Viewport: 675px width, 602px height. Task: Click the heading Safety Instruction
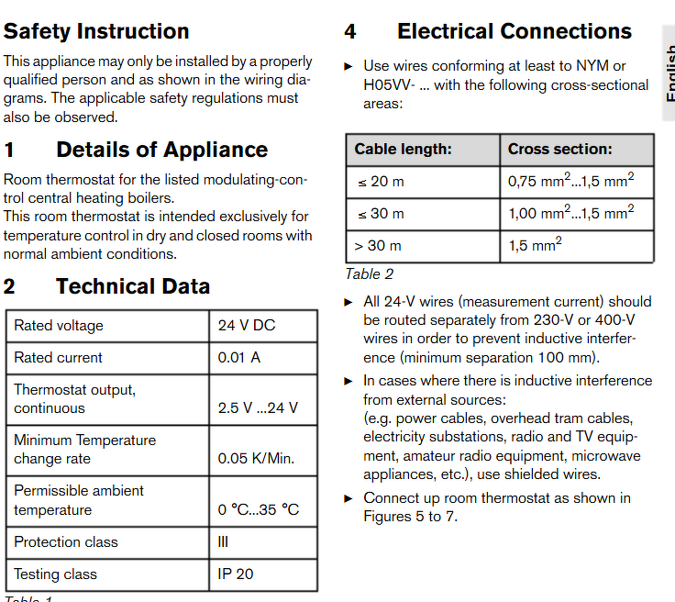96,31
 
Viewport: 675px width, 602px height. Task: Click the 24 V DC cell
246,326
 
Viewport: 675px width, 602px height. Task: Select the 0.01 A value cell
238,358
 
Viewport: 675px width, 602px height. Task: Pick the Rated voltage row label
59,326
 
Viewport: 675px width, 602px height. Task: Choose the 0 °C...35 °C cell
258,509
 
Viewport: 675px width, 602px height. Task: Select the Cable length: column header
403,150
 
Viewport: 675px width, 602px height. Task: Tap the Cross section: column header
559,150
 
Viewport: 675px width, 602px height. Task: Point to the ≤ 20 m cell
380,182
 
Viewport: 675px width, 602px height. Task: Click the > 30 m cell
379,246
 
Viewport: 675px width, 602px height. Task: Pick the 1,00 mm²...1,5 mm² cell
570,213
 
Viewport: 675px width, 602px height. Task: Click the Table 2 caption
369,273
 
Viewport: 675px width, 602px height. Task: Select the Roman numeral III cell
224,542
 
